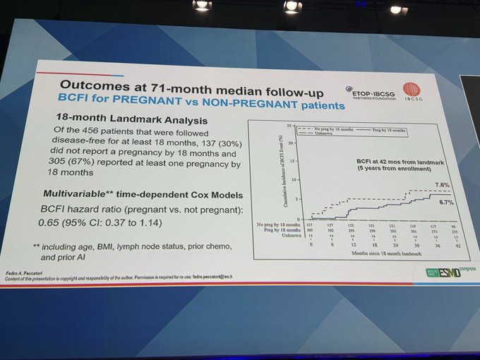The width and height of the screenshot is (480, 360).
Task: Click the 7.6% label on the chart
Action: [442, 185]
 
